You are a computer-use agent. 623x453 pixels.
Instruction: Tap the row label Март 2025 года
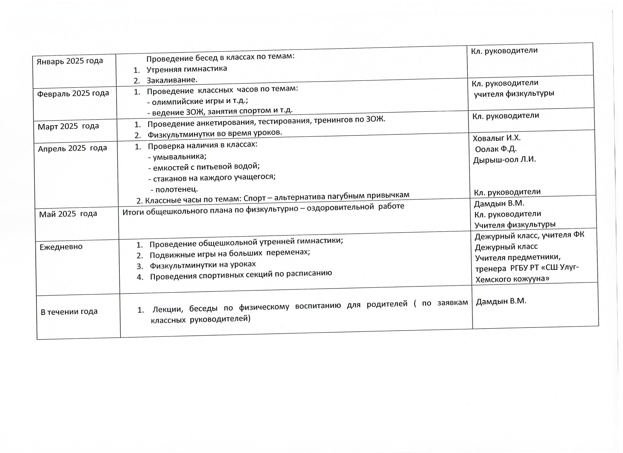pyautogui.click(x=68, y=126)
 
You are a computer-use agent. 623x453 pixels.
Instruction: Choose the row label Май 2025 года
pyautogui.click(x=68, y=214)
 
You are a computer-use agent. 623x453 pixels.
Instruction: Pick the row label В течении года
pyautogui.click(x=69, y=312)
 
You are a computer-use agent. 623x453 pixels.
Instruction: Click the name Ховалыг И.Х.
pyautogui.click(x=497, y=138)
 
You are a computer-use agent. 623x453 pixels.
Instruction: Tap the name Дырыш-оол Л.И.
pyautogui.click(x=504, y=160)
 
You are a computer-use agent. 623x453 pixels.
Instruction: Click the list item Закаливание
pyautogui.click(x=172, y=80)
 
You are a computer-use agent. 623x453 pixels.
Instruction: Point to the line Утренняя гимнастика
pyautogui.click(x=187, y=69)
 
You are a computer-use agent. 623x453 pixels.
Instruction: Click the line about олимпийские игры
pyautogui.click(x=198, y=101)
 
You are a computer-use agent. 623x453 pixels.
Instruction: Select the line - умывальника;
pyautogui.click(x=177, y=157)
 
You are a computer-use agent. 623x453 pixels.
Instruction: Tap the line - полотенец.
pyautogui.click(x=174, y=190)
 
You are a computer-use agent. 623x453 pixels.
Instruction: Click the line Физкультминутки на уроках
pyautogui.click(x=203, y=265)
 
